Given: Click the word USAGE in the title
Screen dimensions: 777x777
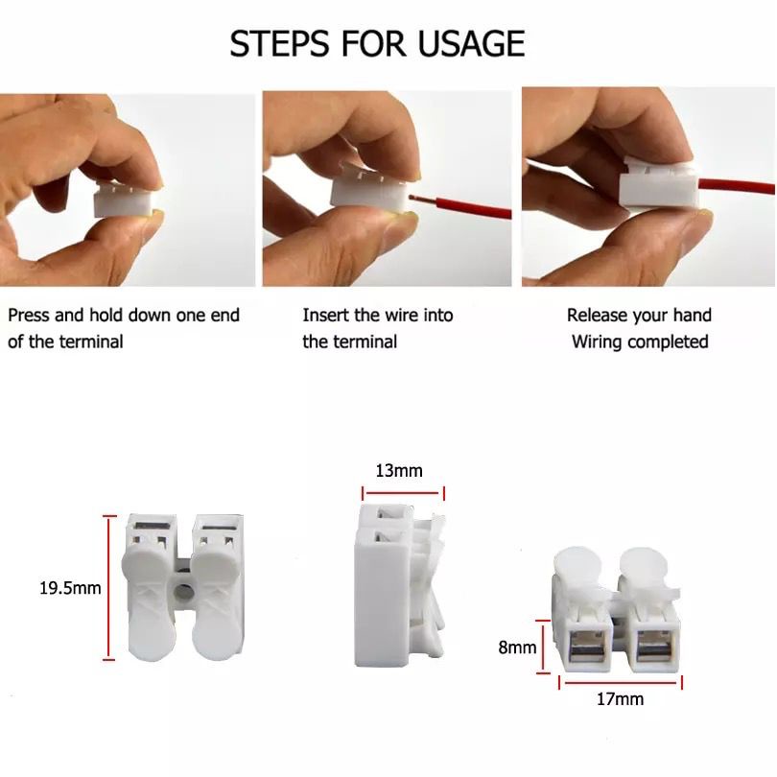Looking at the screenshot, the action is (471, 43).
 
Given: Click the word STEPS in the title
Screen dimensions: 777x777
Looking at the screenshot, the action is (279, 43).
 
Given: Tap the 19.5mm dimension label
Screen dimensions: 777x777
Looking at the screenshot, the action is (70, 588).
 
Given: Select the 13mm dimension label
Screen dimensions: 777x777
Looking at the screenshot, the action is (399, 470).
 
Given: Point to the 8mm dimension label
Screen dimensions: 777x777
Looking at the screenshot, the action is (517, 647).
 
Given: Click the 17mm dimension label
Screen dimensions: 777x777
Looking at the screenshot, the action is (620, 698).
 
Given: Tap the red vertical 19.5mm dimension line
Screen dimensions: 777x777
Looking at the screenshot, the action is (109, 588).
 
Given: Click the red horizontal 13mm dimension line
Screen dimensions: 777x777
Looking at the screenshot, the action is (403, 493).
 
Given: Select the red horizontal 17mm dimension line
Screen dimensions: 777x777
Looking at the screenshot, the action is (621, 682).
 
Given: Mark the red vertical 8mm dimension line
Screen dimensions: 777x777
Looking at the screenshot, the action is (543, 647).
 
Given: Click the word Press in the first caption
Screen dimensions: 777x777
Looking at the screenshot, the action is (29, 316).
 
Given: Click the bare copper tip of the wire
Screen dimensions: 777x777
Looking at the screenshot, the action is (414, 198).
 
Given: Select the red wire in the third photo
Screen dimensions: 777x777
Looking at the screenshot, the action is (736, 187).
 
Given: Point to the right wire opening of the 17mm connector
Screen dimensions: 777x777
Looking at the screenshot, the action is (653, 648).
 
